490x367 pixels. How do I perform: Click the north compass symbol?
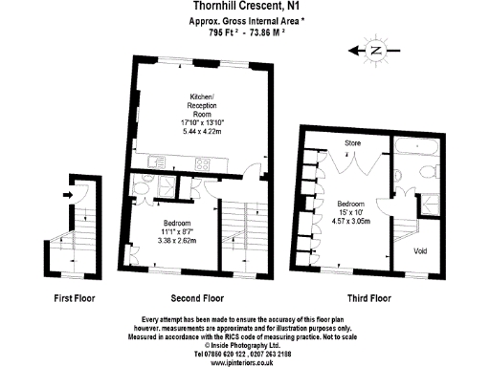coord(375,50)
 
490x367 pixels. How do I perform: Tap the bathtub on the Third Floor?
coord(417,148)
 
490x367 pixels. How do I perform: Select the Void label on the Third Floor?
coord(419,251)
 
